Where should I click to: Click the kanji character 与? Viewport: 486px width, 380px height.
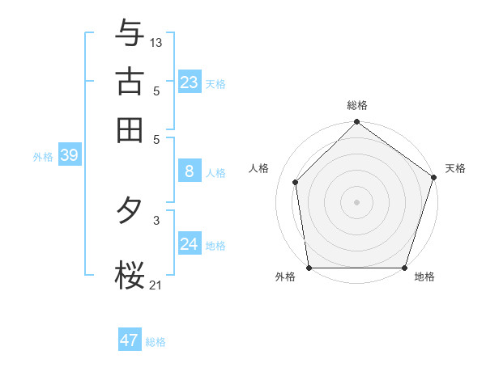130,33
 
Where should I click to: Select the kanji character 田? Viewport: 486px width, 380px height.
130,129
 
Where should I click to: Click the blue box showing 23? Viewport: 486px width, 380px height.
190,82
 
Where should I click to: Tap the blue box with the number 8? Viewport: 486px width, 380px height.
190,171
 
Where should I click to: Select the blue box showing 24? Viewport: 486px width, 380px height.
190,244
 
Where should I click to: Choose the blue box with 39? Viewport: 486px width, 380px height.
69,156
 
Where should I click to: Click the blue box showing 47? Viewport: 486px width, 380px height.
130,340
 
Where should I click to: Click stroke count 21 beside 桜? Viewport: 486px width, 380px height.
156,284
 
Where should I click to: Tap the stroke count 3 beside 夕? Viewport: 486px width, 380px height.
156,219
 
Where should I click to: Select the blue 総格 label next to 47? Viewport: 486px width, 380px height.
156,342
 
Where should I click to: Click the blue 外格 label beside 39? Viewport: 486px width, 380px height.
43,158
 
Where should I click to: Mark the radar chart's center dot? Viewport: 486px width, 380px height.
356,202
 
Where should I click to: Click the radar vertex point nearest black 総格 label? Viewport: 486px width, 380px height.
356,123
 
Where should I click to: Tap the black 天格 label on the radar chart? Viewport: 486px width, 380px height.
455,168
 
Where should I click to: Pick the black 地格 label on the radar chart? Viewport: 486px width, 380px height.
424,277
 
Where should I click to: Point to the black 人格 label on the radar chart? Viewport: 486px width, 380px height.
259,168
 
